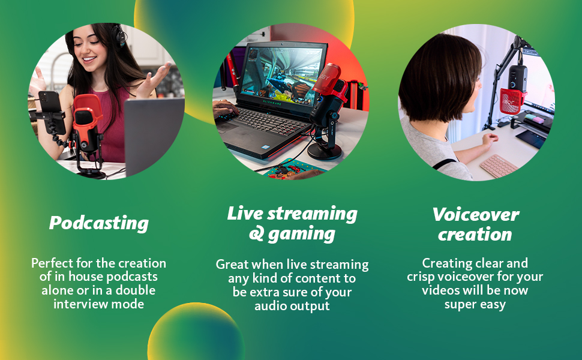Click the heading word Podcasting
(x=99, y=223)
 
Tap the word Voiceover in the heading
(x=475, y=215)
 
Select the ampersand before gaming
(x=256, y=234)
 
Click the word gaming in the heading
(x=301, y=235)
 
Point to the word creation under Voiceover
(x=475, y=235)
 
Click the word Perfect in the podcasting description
(x=52, y=263)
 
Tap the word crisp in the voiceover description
(x=421, y=277)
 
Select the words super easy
(x=475, y=305)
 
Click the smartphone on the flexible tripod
(x=51, y=112)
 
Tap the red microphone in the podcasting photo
(x=87, y=122)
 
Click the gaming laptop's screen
(x=282, y=74)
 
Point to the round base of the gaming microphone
(x=325, y=151)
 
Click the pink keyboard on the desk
(x=499, y=166)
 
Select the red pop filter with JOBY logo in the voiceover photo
(x=512, y=101)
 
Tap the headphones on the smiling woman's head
(x=121, y=35)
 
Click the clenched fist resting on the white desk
(x=490, y=140)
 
